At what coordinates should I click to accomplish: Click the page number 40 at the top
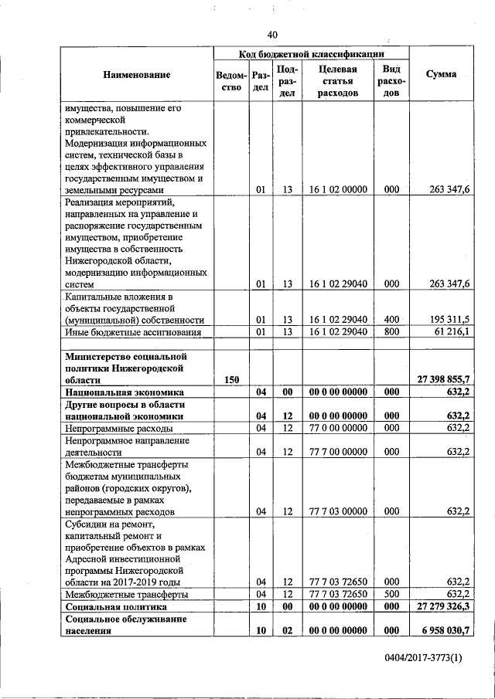(271, 35)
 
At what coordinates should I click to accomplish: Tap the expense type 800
(391, 332)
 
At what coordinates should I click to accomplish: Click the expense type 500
(391, 595)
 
